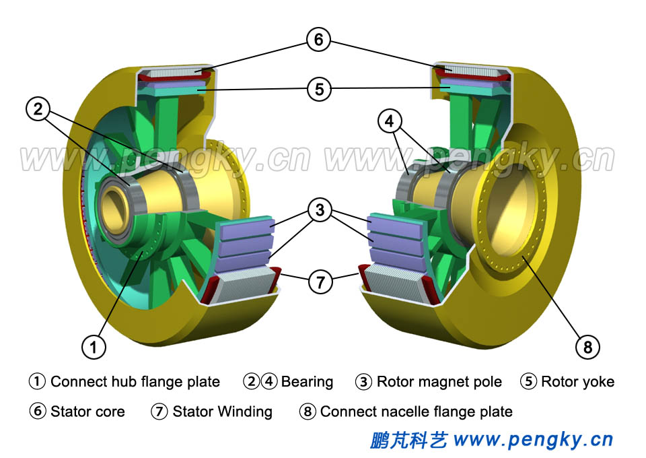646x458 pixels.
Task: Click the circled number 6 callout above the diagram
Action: [318, 39]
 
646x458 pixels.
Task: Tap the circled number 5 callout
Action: [318, 89]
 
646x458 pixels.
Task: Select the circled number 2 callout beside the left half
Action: [38, 108]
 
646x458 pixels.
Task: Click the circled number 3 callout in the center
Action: [320, 210]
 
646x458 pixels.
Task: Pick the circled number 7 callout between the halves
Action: [320, 282]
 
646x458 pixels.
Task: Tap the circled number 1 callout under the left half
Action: [94, 347]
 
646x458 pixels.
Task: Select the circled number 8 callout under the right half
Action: [587, 347]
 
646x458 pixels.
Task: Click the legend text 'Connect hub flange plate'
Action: [135, 382]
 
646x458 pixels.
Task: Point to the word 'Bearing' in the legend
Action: [307, 382]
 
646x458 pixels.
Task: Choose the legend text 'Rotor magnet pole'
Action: [439, 382]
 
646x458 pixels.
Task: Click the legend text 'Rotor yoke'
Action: [577, 382]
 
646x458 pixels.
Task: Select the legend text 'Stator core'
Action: [87, 411]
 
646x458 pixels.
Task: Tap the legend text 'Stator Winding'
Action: [222, 411]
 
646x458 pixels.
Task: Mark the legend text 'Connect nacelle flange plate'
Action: [416, 411]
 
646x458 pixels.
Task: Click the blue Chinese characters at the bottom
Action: [408, 440]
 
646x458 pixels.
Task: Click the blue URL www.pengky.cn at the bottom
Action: [533, 440]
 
